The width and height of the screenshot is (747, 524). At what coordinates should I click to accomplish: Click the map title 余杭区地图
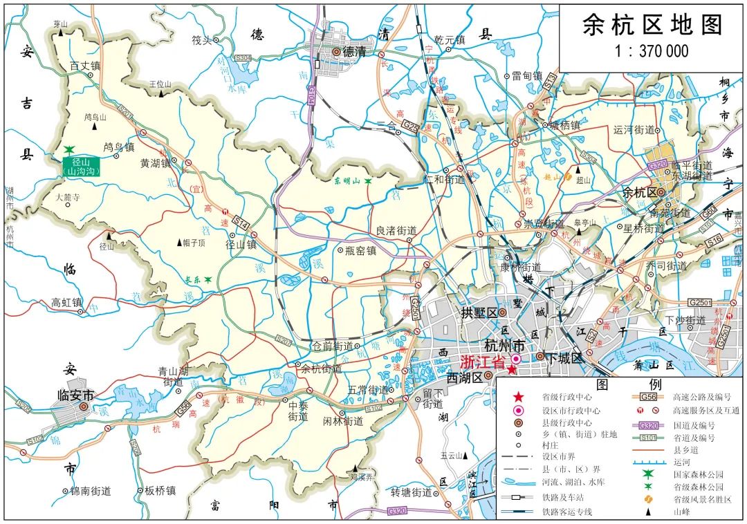pyautogui.click(x=652, y=25)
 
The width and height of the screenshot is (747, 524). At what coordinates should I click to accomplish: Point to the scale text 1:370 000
pyautogui.click(x=652, y=51)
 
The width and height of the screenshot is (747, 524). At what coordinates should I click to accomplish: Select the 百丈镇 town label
pyautogui.click(x=85, y=66)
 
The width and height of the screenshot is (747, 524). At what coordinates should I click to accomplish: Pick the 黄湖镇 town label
pyautogui.click(x=155, y=164)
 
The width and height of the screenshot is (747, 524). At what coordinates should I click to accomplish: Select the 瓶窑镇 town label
pyautogui.click(x=360, y=252)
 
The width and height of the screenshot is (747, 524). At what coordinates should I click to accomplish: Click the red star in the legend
pyautogui.click(x=518, y=397)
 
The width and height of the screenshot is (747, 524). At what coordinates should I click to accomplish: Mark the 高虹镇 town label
pyautogui.click(x=67, y=302)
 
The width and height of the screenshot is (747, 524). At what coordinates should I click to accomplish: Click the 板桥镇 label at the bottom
pyautogui.click(x=160, y=491)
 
